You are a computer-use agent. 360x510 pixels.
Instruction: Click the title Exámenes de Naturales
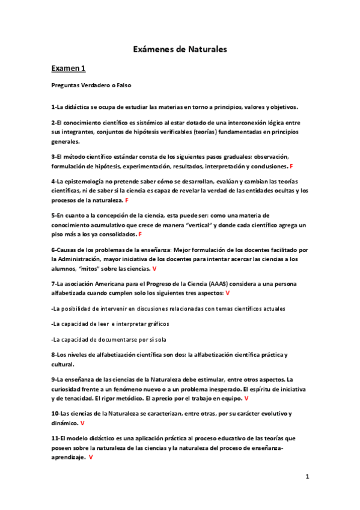pos(180,49)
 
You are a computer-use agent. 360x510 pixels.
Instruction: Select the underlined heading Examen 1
pos(69,69)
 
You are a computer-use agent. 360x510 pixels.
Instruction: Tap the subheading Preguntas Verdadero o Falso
pos(91,85)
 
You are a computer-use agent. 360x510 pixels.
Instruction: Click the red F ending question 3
pos(291,165)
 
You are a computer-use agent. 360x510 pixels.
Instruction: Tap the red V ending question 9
pos(247,398)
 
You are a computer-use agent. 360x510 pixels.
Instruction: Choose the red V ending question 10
pos(82,423)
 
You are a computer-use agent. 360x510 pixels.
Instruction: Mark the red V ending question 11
pos(91,458)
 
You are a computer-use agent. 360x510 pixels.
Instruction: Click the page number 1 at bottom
pos(307,476)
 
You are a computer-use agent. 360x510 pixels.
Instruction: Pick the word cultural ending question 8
pos(61,364)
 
